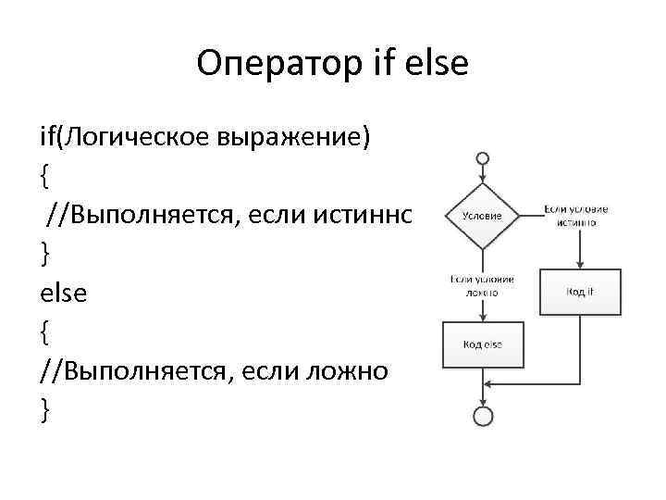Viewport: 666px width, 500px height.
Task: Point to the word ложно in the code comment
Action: tap(351, 370)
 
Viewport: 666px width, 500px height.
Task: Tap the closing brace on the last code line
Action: tap(44, 408)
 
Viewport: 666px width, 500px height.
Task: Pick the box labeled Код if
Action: tap(580, 293)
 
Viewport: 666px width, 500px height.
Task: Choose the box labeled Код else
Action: tap(482, 344)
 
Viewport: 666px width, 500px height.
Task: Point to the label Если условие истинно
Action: tap(576, 216)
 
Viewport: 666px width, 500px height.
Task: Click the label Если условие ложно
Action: tap(482, 284)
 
